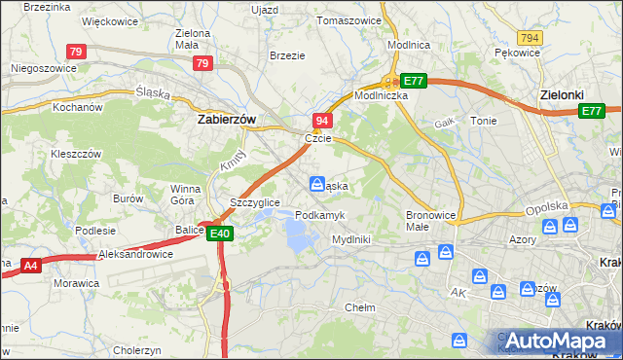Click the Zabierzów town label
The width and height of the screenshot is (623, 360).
pos(226,119)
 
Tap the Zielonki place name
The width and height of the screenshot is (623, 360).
pos(567,95)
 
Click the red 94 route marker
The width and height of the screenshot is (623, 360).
pos(322,120)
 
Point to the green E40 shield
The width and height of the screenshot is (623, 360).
pos(220,234)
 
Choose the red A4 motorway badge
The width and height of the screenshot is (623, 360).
pos(30,265)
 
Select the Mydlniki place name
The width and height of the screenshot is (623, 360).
pos(350,238)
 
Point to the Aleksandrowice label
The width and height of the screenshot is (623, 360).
pos(135,254)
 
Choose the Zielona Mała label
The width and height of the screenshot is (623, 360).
pos(193,39)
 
